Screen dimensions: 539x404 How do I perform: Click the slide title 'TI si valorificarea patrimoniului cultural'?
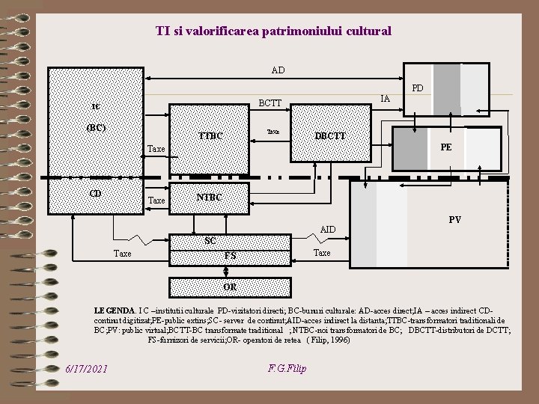click(x=273, y=31)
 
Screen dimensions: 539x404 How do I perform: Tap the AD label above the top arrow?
click(x=278, y=70)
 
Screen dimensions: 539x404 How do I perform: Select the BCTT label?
click(x=269, y=103)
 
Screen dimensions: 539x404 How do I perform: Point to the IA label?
click(x=386, y=98)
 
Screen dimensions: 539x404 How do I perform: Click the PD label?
click(x=418, y=88)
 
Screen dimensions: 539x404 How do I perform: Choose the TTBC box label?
click(x=211, y=136)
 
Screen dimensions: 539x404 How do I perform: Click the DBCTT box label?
click(x=330, y=136)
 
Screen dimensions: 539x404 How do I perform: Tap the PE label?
click(x=446, y=147)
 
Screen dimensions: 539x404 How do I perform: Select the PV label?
click(x=455, y=220)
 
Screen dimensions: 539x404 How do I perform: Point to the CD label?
click(x=95, y=194)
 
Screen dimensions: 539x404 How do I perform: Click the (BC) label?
click(x=96, y=127)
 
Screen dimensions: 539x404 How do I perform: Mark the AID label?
click(x=328, y=228)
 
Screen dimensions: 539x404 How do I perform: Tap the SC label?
click(x=210, y=241)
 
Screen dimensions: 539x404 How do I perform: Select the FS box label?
click(x=231, y=256)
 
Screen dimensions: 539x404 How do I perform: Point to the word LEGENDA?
click(x=115, y=309)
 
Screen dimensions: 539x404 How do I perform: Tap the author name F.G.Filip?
click(x=287, y=368)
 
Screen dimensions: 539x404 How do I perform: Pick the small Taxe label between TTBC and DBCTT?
click(x=273, y=131)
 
